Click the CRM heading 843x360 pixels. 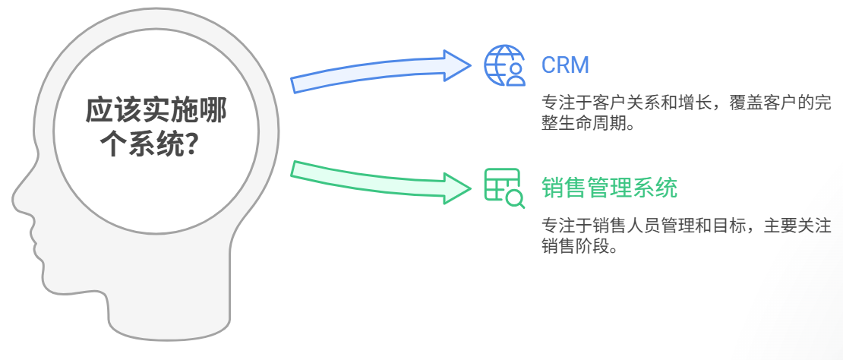click(565, 65)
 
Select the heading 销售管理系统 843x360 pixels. click(609, 187)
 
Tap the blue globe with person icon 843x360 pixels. click(504, 65)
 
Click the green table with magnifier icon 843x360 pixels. click(504, 187)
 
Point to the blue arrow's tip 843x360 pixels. click(469, 63)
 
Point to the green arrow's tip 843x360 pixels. click(469, 187)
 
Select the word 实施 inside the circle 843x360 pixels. click(155, 111)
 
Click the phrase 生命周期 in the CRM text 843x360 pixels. click(595, 123)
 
